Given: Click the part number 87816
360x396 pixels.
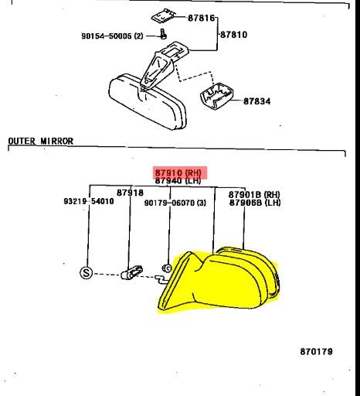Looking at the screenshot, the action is (x=201, y=18).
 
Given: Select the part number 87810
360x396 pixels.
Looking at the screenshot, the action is (x=234, y=35).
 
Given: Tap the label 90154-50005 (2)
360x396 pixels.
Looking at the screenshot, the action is (x=112, y=36).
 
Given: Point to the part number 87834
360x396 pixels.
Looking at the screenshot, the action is (x=257, y=101).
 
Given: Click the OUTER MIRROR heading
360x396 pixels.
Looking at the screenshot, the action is (x=41, y=141).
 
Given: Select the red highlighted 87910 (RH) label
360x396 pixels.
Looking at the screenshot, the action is (x=178, y=172).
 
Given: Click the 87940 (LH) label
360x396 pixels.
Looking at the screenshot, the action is (x=178, y=180).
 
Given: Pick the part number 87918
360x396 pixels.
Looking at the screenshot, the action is (x=130, y=193).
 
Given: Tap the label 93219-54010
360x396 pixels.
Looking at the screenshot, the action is (x=89, y=201).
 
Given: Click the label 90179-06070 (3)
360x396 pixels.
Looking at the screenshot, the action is (x=175, y=203).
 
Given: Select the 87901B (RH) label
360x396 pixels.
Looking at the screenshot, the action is (x=254, y=194).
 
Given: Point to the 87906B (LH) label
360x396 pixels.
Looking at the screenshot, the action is (x=255, y=203).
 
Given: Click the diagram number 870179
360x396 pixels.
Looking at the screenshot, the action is (x=317, y=351).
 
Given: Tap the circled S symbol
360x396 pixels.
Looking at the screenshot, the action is (x=86, y=272).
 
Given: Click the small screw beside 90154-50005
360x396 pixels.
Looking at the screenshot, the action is (x=163, y=34).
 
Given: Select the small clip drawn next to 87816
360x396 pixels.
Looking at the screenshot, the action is (x=162, y=16).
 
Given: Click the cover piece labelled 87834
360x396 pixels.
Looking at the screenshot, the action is (x=217, y=96).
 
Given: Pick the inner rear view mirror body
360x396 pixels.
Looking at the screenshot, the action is (x=148, y=101).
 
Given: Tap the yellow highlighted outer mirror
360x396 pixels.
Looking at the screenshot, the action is (x=219, y=280).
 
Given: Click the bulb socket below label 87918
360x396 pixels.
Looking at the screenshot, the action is (x=131, y=272).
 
